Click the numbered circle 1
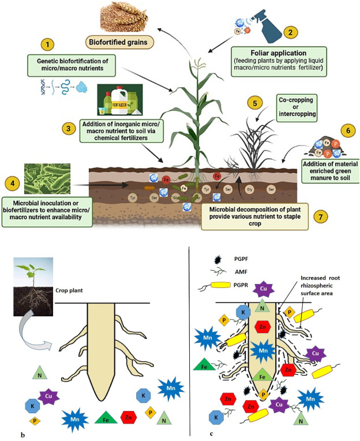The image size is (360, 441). pyautogui.click(x=50, y=43)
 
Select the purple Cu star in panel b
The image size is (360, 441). pyautogui.click(x=48, y=396)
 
